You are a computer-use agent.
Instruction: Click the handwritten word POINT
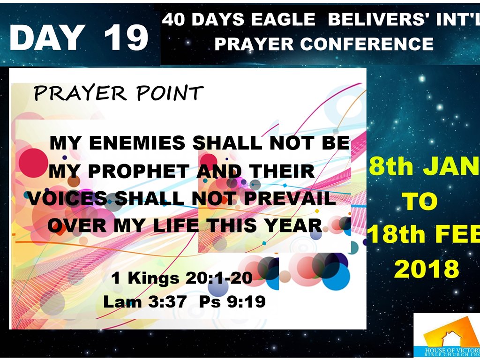[170, 93]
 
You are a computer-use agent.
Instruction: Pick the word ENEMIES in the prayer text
[137, 143]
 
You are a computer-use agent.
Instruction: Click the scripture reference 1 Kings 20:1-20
[182, 278]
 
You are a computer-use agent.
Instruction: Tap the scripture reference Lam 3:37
[144, 301]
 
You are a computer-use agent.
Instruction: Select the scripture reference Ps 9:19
[232, 301]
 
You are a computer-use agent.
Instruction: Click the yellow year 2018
[427, 269]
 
